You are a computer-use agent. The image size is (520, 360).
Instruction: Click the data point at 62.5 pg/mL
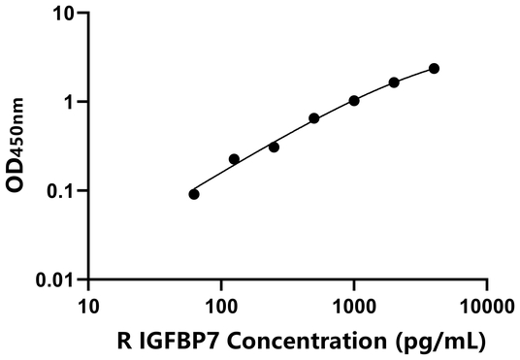point(194,194)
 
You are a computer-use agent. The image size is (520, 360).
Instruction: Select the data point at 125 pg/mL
point(234,159)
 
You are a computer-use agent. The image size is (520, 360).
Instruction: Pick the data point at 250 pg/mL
point(274,147)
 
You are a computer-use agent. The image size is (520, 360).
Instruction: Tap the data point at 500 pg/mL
point(314,118)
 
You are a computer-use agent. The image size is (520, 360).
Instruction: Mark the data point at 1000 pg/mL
point(354,101)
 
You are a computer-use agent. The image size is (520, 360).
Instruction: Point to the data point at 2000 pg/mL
point(394,82)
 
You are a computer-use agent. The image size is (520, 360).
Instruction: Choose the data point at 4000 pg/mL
point(434,68)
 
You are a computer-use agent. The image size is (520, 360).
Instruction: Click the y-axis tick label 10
point(64,14)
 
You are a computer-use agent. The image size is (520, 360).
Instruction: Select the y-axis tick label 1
point(70,102)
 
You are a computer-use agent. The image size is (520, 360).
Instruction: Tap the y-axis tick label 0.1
point(61,191)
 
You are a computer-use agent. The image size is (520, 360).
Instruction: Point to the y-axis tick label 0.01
point(56,279)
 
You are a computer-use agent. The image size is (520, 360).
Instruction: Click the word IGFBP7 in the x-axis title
point(171,342)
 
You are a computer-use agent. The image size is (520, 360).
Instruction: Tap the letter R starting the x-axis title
point(123,342)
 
